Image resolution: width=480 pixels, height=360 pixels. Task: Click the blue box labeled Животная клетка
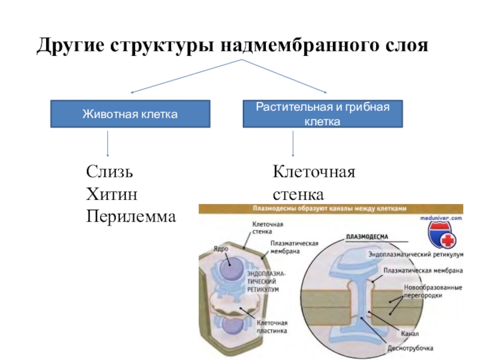(x=130, y=114)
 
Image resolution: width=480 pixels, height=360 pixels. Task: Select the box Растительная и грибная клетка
(x=322, y=114)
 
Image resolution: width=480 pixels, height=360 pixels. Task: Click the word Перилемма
(x=131, y=216)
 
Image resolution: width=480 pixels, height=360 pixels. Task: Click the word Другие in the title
(x=70, y=46)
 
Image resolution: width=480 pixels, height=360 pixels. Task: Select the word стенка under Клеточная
(x=298, y=194)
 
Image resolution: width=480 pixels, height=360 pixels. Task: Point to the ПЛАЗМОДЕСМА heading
(x=367, y=236)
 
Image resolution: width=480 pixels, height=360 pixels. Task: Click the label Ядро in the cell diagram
(x=220, y=247)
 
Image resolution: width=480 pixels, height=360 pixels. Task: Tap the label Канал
(x=410, y=334)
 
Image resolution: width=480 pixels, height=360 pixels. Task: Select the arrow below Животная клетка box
(x=108, y=144)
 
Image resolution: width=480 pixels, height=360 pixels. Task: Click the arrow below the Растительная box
(x=293, y=144)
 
